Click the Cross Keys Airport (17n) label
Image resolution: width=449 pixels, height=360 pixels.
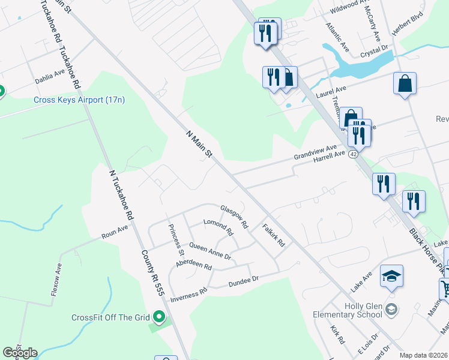coord(79,100)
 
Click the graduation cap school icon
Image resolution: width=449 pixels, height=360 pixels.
coord(391,276)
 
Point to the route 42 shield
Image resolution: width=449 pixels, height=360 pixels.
coord(354,154)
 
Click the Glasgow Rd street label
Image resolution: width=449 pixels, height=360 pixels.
coord(234,217)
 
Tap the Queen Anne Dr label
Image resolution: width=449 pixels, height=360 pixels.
coord(210,251)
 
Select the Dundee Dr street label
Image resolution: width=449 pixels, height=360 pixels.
coord(243,279)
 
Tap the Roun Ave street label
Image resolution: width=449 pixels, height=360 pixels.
coord(115,232)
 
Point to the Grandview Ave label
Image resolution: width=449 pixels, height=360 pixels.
coord(315,151)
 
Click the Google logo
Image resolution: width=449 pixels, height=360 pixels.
coord(20,353)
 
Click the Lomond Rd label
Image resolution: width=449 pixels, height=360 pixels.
coord(218,226)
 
